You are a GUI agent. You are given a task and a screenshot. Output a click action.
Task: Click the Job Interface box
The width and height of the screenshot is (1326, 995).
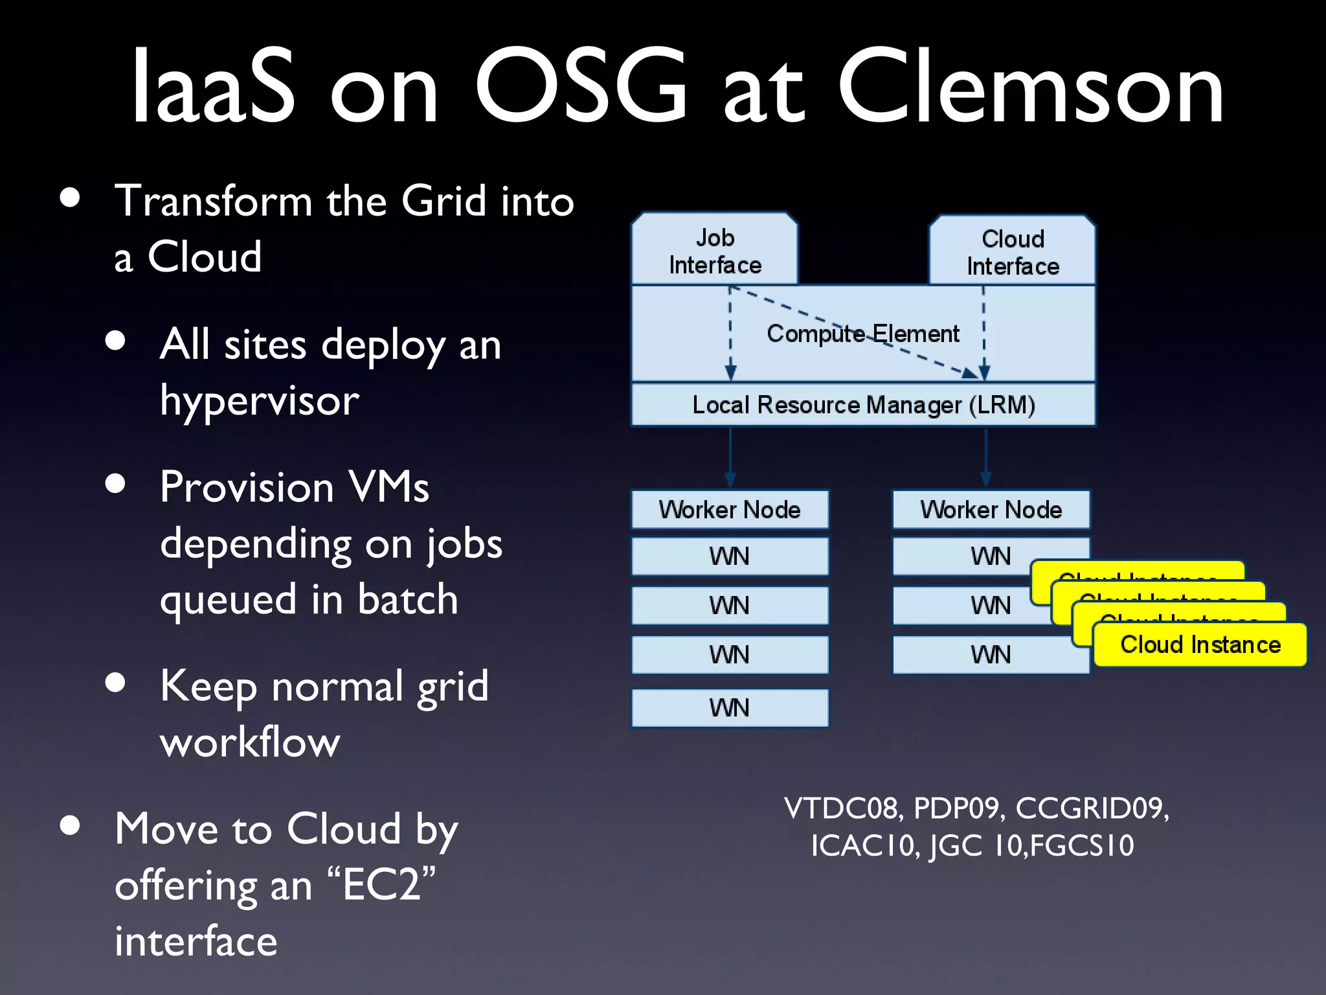pyautogui.click(x=715, y=251)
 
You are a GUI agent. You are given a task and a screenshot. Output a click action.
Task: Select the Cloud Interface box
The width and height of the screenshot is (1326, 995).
pyautogui.click(x=1013, y=252)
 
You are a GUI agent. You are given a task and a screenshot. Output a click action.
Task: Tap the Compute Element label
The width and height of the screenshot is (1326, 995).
pyautogui.click(x=862, y=334)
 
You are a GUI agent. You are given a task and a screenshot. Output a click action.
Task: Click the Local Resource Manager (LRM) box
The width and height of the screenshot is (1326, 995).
pyautogui.click(x=863, y=405)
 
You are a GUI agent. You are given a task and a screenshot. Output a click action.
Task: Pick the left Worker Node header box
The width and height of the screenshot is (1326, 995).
pyautogui.click(x=730, y=509)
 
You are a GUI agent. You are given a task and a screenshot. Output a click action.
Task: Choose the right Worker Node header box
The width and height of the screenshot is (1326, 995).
pyautogui.click(x=991, y=509)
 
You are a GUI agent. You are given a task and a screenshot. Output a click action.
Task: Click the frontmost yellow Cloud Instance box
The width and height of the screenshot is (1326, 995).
pyautogui.click(x=1200, y=645)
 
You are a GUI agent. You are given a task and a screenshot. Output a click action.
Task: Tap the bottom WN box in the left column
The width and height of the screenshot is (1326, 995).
pyautogui.click(x=730, y=707)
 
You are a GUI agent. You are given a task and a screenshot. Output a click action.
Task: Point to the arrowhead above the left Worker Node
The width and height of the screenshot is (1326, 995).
pyautogui.click(x=730, y=480)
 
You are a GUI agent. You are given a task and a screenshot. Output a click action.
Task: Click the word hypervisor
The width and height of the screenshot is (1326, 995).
pyautogui.click(x=259, y=400)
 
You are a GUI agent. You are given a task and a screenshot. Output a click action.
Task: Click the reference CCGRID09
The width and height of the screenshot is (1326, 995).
pyautogui.click(x=1092, y=808)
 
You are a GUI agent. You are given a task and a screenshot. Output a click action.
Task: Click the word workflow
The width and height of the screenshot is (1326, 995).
pyautogui.click(x=250, y=742)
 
